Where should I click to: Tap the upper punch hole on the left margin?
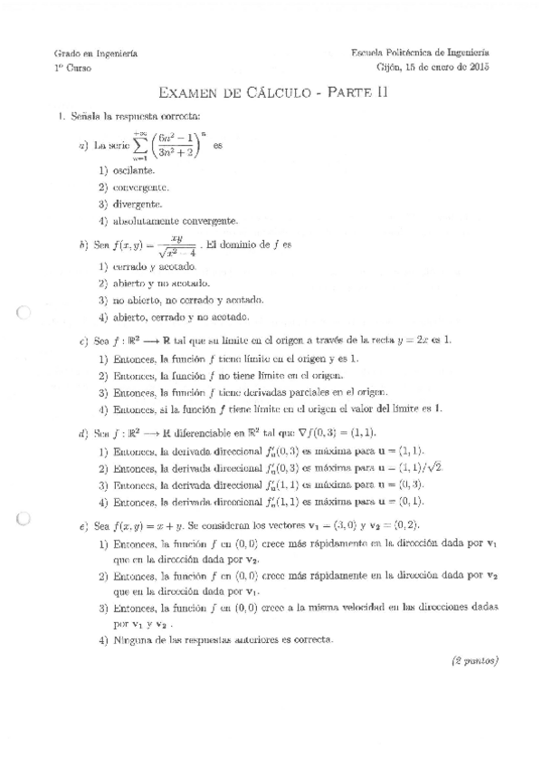[24, 315]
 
